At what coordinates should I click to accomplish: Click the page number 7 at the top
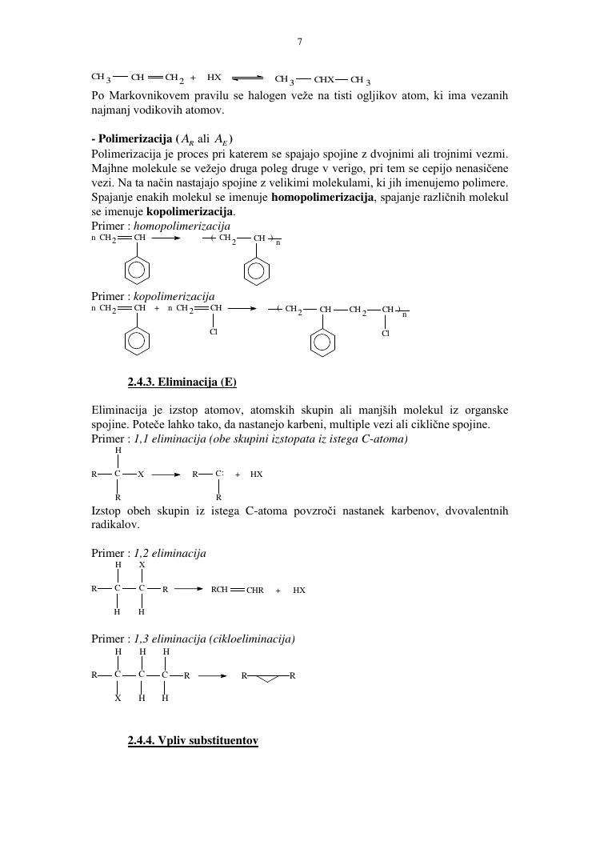pos(299,42)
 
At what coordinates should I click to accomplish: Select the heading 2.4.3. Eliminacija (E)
pos(182,381)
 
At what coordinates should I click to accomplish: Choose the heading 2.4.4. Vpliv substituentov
pos(193,741)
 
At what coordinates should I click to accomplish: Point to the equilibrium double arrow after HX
pos(248,78)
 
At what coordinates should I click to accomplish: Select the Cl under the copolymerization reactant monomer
pos(214,332)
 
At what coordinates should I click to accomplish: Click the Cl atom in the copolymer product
pos(386,333)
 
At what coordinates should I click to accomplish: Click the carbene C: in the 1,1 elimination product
pos(219,474)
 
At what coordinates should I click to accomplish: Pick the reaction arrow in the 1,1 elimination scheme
pos(166,475)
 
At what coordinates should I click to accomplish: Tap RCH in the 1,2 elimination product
pos(219,590)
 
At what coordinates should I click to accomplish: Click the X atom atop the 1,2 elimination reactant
pos(142,564)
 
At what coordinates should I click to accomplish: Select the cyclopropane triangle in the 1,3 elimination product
pos(266,678)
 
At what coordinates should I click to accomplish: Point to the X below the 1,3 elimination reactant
pos(118,698)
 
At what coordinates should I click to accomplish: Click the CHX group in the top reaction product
pos(324,80)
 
